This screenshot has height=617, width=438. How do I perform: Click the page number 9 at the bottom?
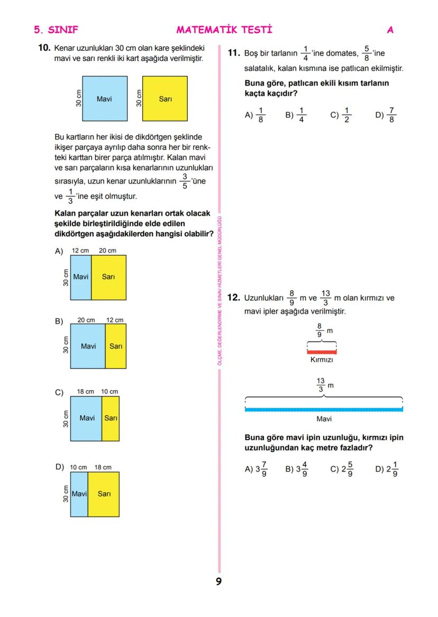point(218,582)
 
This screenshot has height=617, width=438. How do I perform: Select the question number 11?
point(234,53)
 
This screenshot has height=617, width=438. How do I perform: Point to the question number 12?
point(234,298)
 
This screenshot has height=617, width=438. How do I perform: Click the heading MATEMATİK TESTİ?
point(224,30)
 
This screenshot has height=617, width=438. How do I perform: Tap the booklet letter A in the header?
point(390,30)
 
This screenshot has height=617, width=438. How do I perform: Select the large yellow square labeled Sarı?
point(165,98)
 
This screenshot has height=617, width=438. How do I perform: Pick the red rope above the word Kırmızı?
point(322,352)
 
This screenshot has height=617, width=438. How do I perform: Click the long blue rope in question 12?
point(324,409)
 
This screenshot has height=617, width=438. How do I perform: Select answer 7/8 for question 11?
point(390,115)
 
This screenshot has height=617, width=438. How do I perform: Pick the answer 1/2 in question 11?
point(347,115)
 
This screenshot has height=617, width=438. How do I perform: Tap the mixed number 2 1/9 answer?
point(392,469)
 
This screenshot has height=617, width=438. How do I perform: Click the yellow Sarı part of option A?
point(108,277)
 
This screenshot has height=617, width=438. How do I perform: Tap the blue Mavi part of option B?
point(88,346)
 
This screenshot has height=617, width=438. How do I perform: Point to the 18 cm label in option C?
point(86,391)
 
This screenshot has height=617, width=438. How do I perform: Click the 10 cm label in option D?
point(78,467)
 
